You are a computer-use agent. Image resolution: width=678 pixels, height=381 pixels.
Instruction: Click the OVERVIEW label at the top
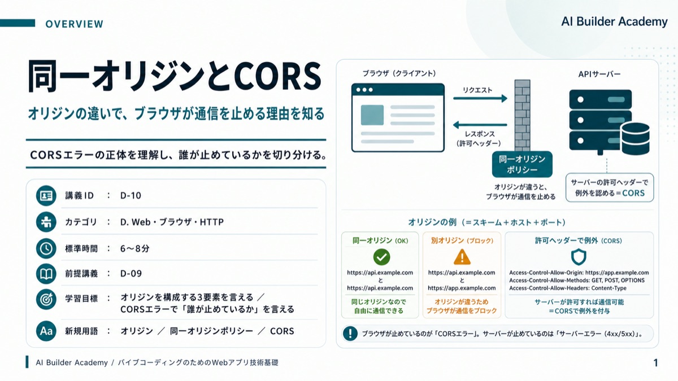coord(75,24)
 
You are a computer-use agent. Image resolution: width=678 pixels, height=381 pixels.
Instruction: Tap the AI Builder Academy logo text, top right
coord(614,22)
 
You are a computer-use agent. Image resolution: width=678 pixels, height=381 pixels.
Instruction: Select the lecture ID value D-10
coord(131,196)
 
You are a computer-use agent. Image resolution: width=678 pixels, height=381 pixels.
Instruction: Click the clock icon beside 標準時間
coord(46,248)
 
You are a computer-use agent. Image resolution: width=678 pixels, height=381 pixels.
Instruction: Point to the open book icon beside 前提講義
coord(46,274)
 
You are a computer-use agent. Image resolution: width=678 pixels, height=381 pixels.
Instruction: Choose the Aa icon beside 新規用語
coord(46,331)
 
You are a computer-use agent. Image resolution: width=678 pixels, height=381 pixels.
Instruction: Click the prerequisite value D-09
coord(131,274)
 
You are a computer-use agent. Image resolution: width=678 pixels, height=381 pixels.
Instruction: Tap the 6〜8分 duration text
coord(134,248)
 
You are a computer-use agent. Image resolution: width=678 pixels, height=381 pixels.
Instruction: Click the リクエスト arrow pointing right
coord(480,98)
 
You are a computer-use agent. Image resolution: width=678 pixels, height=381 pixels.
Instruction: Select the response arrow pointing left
coord(480,125)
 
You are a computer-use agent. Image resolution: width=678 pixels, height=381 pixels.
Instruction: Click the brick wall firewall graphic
coord(523,116)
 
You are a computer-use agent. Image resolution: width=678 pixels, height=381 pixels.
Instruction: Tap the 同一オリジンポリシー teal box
coord(522,164)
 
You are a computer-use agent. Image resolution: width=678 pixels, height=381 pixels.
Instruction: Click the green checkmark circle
coord(381,257)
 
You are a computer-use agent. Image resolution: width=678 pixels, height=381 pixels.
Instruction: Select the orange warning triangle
coord(462,257)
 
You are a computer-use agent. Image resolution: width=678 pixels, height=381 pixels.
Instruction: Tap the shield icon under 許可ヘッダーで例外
coord(579,257)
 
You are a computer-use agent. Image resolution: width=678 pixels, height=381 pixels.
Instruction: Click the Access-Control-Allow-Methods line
coord(577,281)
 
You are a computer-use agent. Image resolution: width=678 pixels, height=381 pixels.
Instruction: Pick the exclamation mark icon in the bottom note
coord(350,334)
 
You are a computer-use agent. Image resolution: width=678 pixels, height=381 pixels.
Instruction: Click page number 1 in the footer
coord(655,362)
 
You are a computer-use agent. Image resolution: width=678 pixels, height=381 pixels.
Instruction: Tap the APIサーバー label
coord(599,74)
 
